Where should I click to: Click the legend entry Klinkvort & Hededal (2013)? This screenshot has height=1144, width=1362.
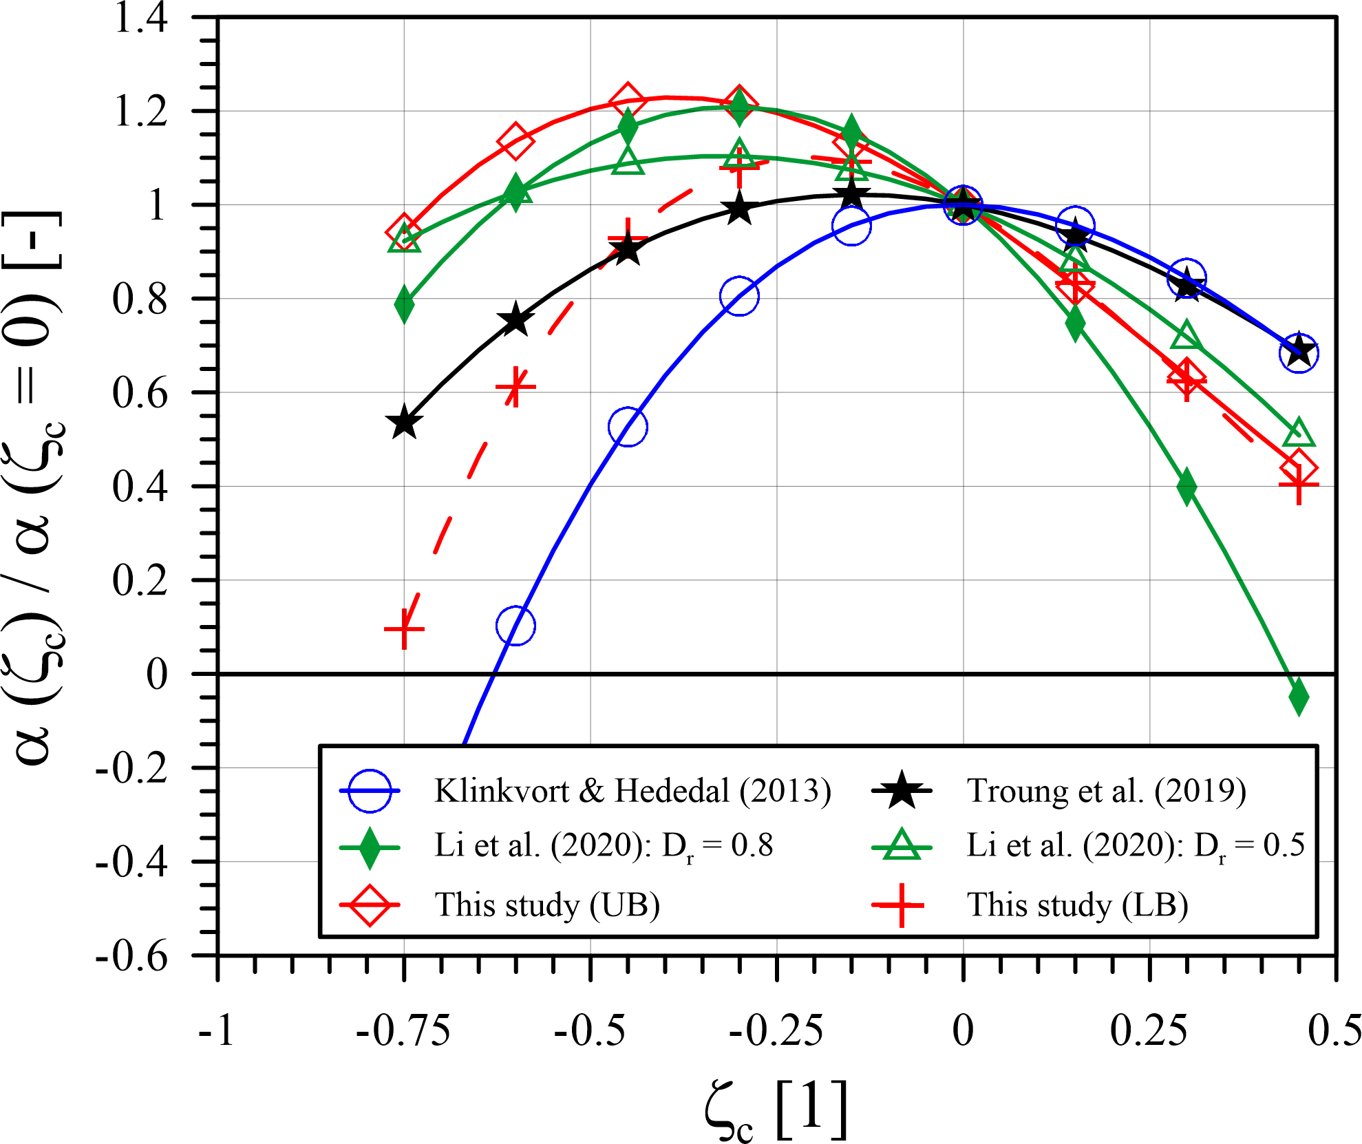[632, 791]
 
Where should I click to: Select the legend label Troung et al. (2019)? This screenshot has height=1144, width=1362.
[1106, 791]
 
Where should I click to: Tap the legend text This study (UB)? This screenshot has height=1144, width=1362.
[547, 904]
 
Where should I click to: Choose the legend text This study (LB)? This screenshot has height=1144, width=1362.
[1077, 904]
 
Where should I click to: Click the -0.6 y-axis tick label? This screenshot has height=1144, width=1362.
[131, 956]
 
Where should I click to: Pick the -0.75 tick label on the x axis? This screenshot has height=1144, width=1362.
[403, 1031]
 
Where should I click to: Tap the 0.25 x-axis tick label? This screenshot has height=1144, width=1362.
[1149, 1031]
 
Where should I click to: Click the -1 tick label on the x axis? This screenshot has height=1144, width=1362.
[217, 1031]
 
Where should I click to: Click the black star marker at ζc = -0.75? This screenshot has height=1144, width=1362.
[404, 423]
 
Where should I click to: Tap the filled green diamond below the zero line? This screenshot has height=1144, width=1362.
[1299, 697]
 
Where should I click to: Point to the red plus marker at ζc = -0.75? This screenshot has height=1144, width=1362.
[404, 629]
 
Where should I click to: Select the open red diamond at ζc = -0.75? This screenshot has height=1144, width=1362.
[404, 232]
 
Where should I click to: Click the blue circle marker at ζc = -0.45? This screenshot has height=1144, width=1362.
[628, 427]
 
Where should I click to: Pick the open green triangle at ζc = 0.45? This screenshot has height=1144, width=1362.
[1299, 432]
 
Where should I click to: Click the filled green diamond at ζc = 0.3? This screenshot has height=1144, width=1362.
[1187, 487]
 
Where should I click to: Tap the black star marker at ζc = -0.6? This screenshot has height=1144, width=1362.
[515, 320]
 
